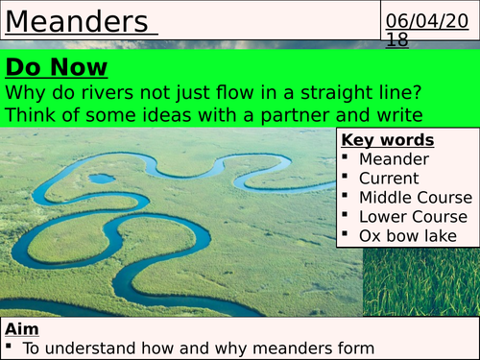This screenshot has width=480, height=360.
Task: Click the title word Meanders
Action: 76,21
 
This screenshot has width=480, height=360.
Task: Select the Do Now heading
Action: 57,66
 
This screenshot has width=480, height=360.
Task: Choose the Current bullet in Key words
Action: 389,178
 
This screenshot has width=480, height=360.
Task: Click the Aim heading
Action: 20,327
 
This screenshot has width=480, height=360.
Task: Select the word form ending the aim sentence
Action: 354,348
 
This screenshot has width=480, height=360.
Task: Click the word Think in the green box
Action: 29,116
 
